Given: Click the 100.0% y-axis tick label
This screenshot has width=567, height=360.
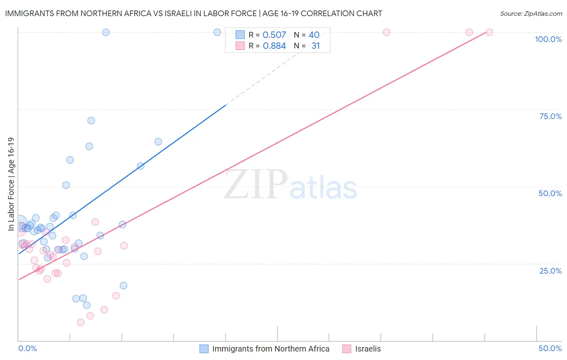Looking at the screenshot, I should [x=548, y=39].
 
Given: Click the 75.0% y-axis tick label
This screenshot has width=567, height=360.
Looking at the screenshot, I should [x=550, y=116].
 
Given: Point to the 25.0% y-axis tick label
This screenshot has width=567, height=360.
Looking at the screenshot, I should [x=550, y=271].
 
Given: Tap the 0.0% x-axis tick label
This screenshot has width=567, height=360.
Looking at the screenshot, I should [x=27, y=348].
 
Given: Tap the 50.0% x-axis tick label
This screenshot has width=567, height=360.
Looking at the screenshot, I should [x=550, y=348].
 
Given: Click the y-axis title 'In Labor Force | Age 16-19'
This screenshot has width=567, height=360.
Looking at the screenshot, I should [x=11, y=184].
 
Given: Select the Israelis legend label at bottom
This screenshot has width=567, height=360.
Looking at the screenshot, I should [x=368, y=349].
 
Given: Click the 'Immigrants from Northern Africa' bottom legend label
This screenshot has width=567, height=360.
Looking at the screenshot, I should [x=271, y=349].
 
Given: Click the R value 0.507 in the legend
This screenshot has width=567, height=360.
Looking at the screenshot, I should [x=274, y=35].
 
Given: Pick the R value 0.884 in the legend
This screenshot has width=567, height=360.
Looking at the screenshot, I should [x=274, y=46].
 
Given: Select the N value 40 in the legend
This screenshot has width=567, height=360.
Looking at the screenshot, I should [x=314, y=35].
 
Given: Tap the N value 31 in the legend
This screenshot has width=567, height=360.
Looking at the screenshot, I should [x=315, y=46].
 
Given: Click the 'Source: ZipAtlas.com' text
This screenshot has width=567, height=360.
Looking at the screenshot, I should [x=531, y=14].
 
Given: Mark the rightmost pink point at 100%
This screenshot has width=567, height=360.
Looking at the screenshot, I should [x=489, y=32].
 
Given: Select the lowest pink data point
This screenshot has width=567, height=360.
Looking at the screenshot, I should [x=81, y=322].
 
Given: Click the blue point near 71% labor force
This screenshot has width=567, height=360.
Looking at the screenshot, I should [x=91, y=121].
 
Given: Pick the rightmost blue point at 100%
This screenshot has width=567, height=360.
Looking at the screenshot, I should [x=217, y=32].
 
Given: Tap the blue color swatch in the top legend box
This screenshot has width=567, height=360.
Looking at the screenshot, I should [x=240, y=35].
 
